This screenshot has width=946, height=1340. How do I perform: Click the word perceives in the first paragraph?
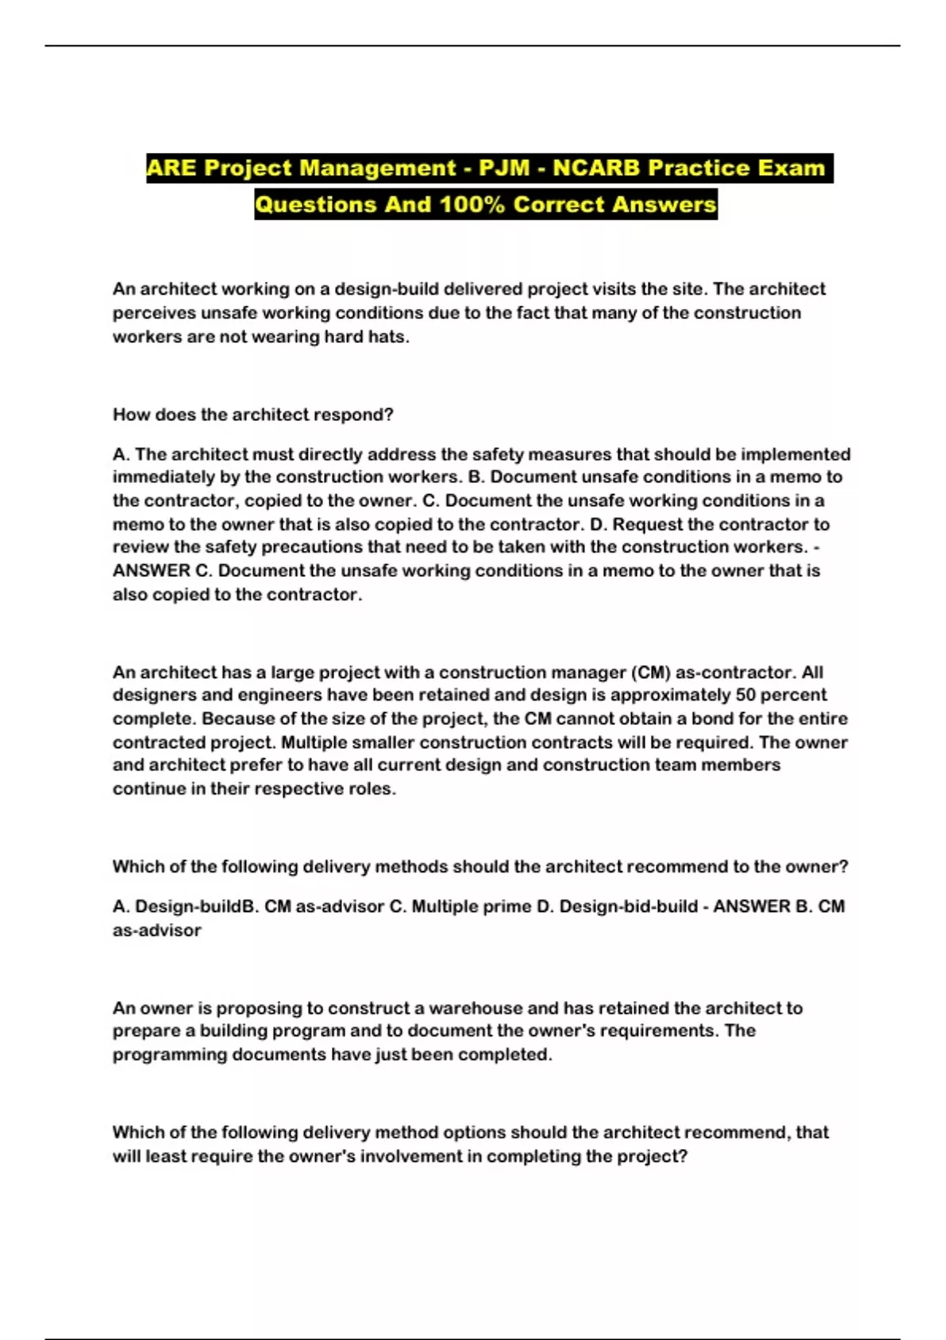pos(154,313)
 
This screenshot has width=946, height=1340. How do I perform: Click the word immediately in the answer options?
pos(160,477)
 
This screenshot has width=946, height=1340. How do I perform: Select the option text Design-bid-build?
pos(616,906)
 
